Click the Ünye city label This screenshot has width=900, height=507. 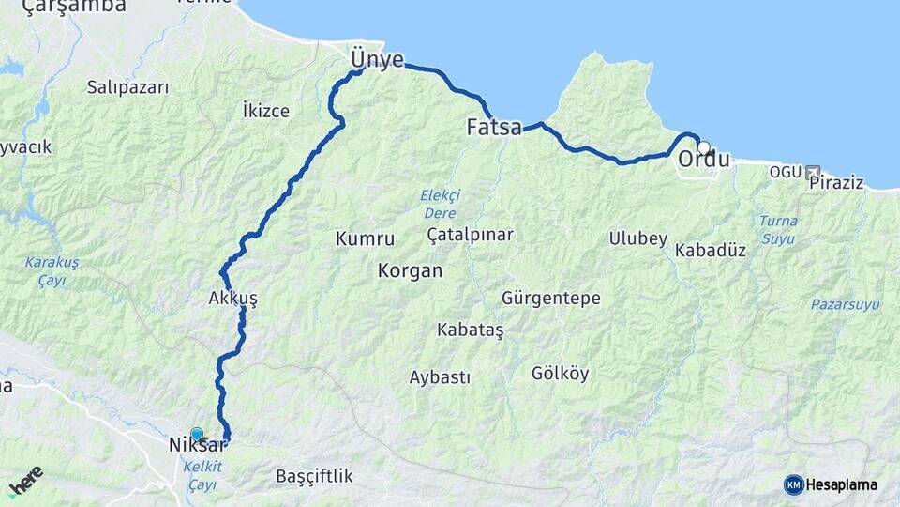pyautogui.click(x=377, y=60)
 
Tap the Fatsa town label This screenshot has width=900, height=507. pyautogui.click(x=494, y=127)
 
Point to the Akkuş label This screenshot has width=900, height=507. pyautogui.click(x=233, y=298)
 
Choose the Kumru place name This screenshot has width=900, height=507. pyautogui.click(x=365, y=239)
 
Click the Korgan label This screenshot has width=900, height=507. pyautogui.click(x=410, y=270)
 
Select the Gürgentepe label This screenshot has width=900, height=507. pyautogui.click(x=551, y=298)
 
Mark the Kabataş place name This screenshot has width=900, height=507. pyautogui.click(x=471, y=330)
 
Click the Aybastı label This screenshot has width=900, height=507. pyautogui.click(x=440, y=376)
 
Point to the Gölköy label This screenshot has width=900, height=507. pyautogui.click(x=560, y=373)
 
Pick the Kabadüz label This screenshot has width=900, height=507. pyautogui.click(x=710, y=251)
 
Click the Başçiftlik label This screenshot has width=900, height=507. pyautogui.click(x=314, y=476)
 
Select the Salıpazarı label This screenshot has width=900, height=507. pyautogui.click(x=127, y=87)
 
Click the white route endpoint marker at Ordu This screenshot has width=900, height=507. pyautogui.click(x=703, y=146)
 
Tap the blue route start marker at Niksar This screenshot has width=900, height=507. pyautogui.click(x=196, y=434)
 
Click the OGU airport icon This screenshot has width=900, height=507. pyautogui.click(x=812, y=173)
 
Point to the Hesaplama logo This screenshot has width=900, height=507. pyautogui.click(x=832, y=484)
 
